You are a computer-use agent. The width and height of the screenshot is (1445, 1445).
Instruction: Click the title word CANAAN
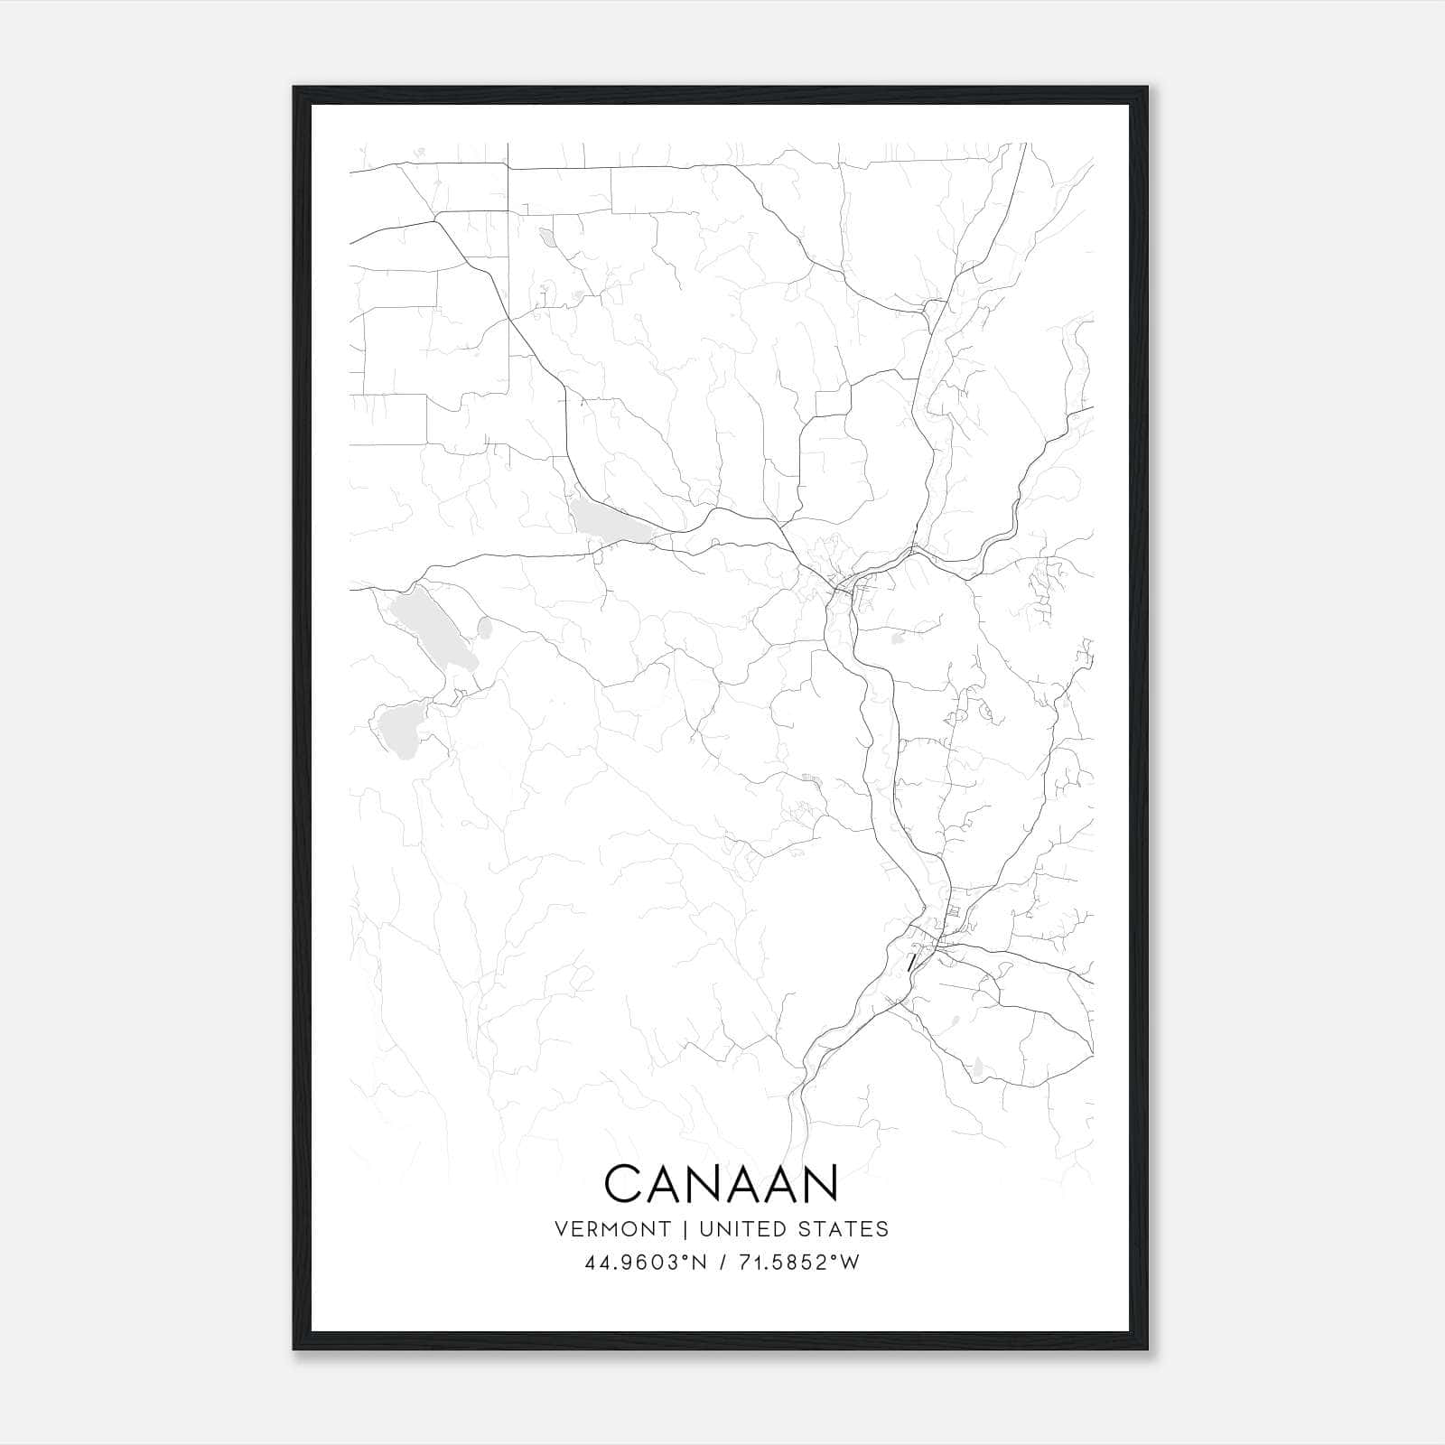[722, 1183]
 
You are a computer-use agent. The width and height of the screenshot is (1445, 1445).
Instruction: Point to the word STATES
[844, 1229]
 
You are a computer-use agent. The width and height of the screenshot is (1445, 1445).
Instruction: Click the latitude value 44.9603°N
[644, 1263]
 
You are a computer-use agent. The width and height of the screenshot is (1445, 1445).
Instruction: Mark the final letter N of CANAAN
[822, 1183]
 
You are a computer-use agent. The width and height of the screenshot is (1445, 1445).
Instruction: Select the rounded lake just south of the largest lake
[398, 728]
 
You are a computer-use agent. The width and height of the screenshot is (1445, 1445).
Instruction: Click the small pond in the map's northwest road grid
[547, 238]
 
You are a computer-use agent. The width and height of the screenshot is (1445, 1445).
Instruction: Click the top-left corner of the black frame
[295, 89]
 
